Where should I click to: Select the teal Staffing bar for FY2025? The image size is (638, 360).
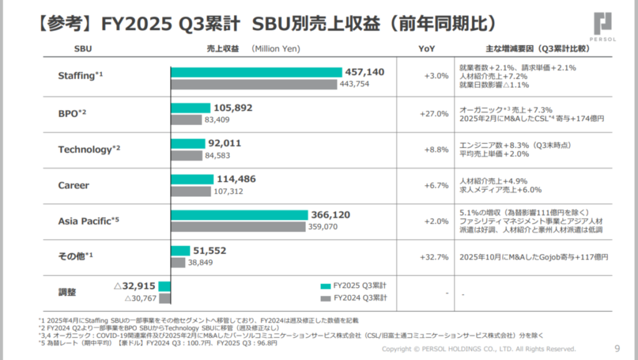256,72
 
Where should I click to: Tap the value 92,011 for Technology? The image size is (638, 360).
225,143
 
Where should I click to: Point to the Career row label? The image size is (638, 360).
74,185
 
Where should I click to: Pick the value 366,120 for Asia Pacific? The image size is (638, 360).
330,215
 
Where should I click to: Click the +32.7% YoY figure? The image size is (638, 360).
436,257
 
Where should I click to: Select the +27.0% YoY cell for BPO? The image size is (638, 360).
436,113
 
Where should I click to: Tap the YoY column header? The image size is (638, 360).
427,48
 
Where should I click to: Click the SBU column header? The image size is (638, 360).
83,48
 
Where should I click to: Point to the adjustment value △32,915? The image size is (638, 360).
134,287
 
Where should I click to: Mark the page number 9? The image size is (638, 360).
617,348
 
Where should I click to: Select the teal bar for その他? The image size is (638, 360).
180,250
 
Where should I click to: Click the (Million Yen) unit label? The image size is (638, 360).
276,48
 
